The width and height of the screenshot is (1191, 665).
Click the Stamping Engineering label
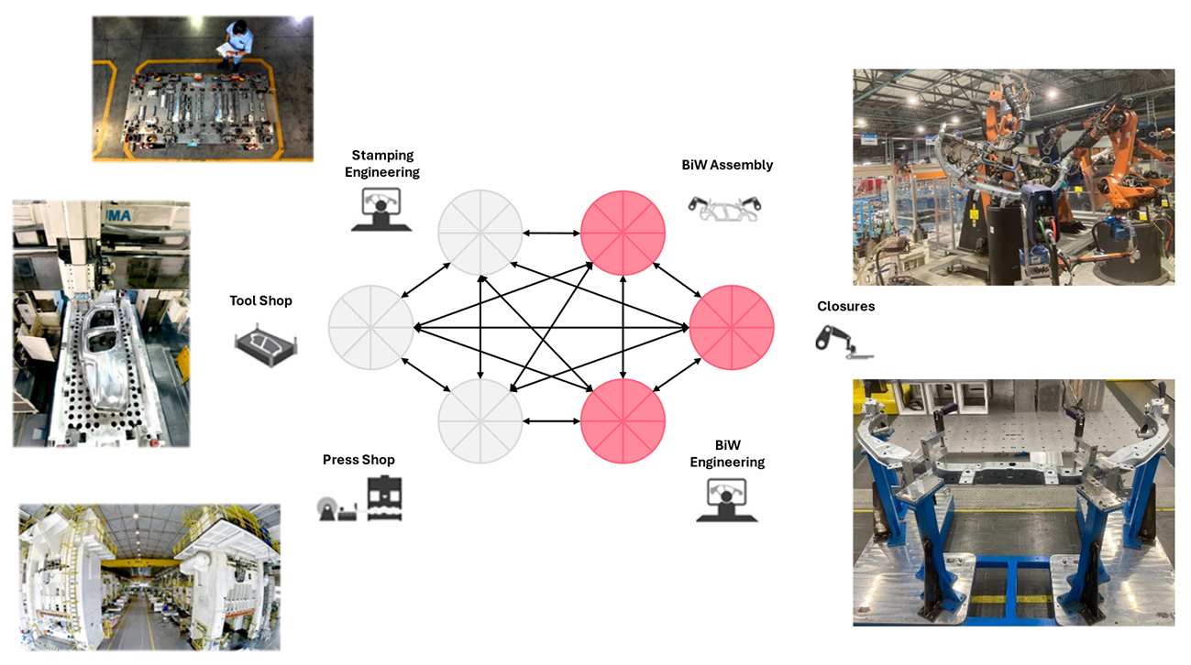(x=382, y=164)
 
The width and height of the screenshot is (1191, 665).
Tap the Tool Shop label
(x=260, y=300)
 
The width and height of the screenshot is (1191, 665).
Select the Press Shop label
(x=358, y=460)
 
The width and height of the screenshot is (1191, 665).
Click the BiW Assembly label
(x=727, y=165)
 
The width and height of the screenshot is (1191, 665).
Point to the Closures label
(x=845, y=306)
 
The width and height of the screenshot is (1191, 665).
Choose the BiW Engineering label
(x=727, y=453)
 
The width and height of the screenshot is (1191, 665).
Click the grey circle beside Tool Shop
(x=371, y=328)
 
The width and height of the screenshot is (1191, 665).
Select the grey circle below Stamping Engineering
(x=480, y=232)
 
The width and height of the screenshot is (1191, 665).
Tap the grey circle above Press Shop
(x=480, y=420)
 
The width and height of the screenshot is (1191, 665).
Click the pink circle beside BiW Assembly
(x=623, y=233)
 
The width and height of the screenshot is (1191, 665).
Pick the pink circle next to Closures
(x=732, y=328)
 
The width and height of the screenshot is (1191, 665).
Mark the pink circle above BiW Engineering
(x=623, y=420)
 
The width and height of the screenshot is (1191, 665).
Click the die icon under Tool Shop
(x=265, y=345)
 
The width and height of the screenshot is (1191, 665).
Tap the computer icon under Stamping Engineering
(x=381, y=209)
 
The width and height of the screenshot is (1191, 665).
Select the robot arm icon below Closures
(x=844, y=343)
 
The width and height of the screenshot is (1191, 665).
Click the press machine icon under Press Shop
(x=384, y=499)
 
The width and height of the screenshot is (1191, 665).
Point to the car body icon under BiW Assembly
(x=724, y=209)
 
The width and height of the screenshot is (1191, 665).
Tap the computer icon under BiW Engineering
(x=726, y=500)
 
